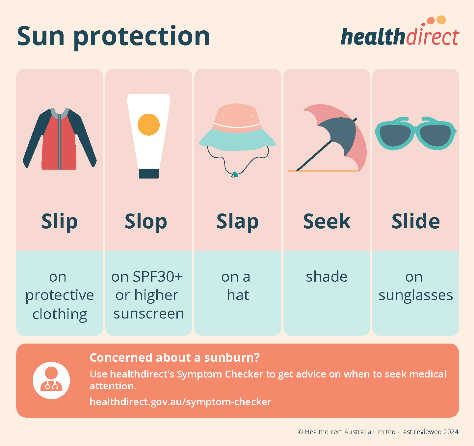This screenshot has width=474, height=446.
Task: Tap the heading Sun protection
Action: [x=113, y=36]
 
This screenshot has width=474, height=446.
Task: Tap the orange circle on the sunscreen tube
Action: [x=148, y=125]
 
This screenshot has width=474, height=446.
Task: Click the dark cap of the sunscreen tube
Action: [x=148, y=173]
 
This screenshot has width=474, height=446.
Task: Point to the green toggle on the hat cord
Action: [x=235, y=174]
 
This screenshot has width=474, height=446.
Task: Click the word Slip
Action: [x=59, y=221]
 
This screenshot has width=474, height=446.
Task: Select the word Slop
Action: [x=146, y=221]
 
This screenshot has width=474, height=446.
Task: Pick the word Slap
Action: [x=237, y=221]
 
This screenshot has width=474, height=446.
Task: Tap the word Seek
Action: [x=327, y=221]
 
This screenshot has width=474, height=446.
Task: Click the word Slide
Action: [x=415, y=221]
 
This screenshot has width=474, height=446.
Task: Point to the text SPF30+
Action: [x=157, y=277]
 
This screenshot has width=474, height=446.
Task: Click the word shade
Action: [x=327, y=277]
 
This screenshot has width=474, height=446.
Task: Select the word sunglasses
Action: [x=415, y=295]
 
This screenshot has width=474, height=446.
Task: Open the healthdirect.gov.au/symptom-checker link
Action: [x=180, y=402]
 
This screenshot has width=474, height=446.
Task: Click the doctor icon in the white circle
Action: [x=51, y=380]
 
